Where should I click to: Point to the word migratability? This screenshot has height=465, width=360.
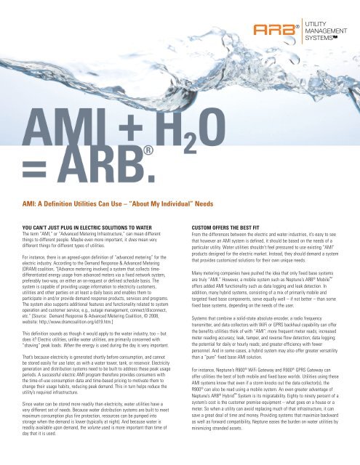pos(289,421)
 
